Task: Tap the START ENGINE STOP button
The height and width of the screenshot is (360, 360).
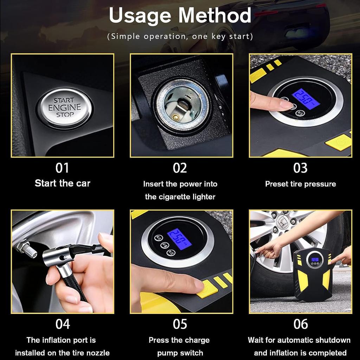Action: click(64, 108)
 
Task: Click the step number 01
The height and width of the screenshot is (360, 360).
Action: click(62, 168)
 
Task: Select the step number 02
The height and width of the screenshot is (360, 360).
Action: click(180, 168)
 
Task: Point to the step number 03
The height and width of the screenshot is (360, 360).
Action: click(300, 168)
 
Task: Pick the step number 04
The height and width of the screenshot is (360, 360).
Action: click(62, 324)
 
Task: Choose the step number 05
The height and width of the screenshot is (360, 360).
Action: click(180, 324)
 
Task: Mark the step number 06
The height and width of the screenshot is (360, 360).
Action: click(300, 324)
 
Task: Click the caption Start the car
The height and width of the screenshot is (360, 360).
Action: click(62, 183)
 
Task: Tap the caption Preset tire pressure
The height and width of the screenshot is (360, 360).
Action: click(300, 184)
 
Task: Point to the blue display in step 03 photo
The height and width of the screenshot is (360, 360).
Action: click(306, 97)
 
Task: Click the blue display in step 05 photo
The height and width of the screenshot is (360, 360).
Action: click(179, 239)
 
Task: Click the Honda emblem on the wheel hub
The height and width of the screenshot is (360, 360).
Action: click(281, 222)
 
